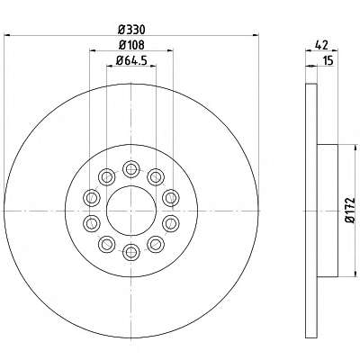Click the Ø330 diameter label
[x=131, y=30]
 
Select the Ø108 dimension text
[x=131, y=45]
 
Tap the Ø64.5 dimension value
[x=131, y=60]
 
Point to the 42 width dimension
[x=321, y=45]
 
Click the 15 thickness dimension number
[x=328, y=60]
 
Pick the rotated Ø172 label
[x=350, y=210]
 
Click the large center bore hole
[x=131, y=211]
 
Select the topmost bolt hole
[x=131, y=169]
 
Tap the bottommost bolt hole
[x=131, y=252]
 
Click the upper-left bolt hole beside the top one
[x=107, y=177]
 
